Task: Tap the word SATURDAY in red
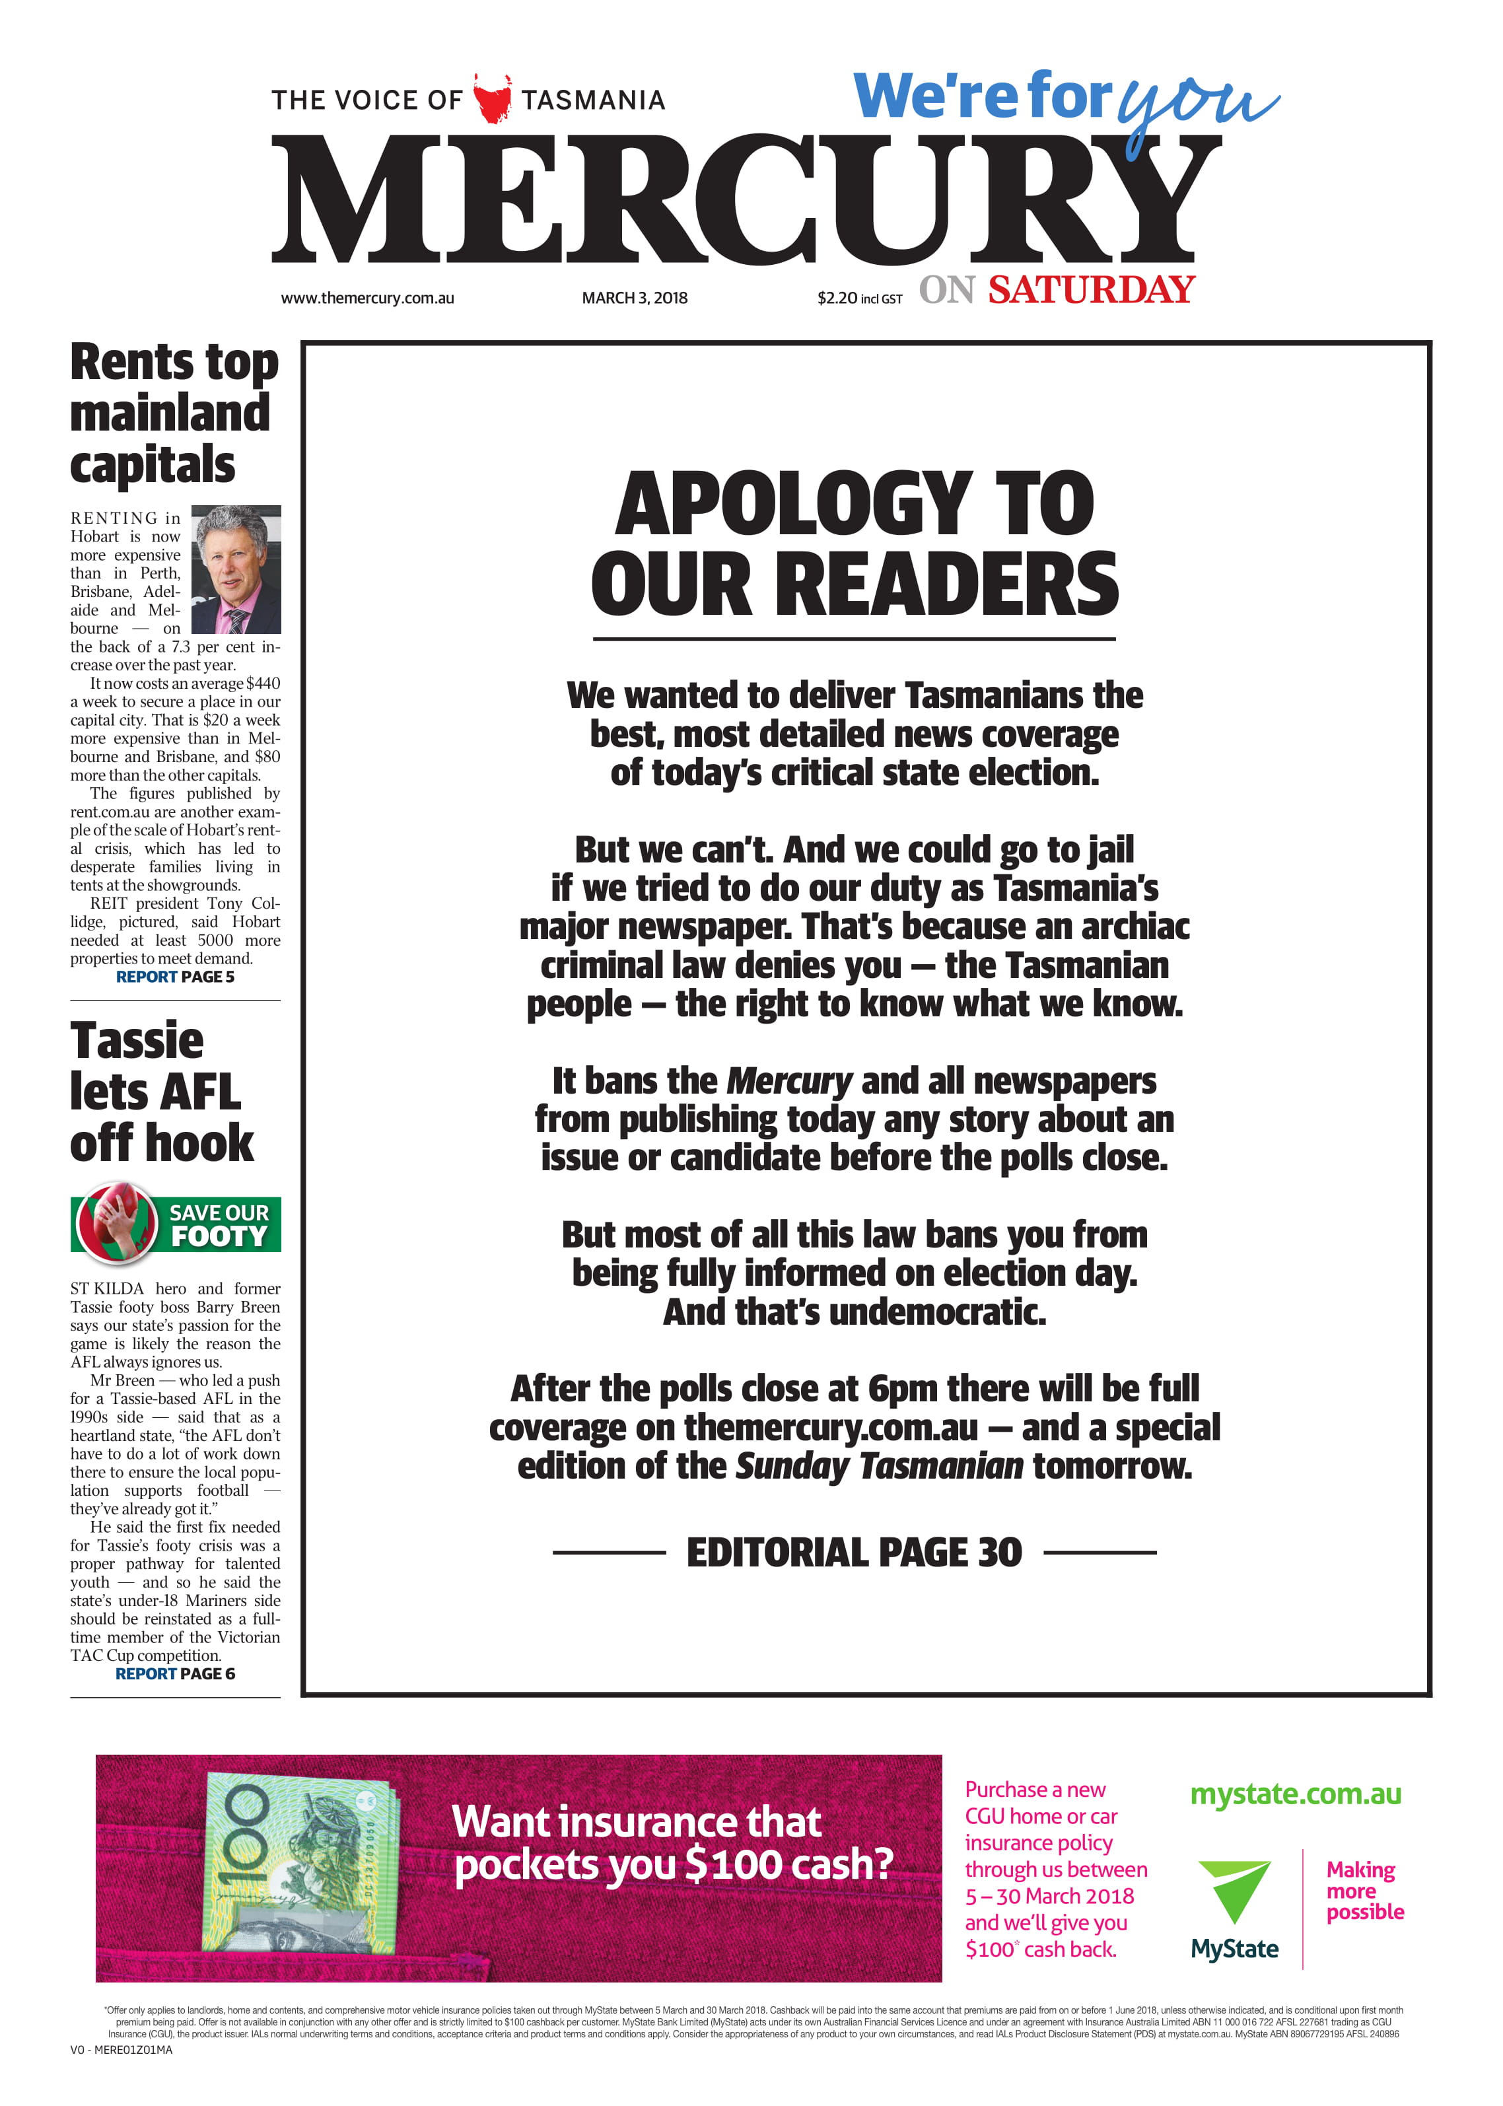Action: [x=1091, y=290]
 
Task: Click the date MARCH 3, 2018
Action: [x=634, y=298]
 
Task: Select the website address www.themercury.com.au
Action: [x=367, y=298]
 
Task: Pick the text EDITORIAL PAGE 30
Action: [x=853, y=1553]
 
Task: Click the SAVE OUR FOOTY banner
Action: [x=176, y=1223]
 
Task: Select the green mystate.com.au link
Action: [x=1295, y=1794]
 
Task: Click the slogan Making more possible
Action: [x=1364, y=1891]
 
